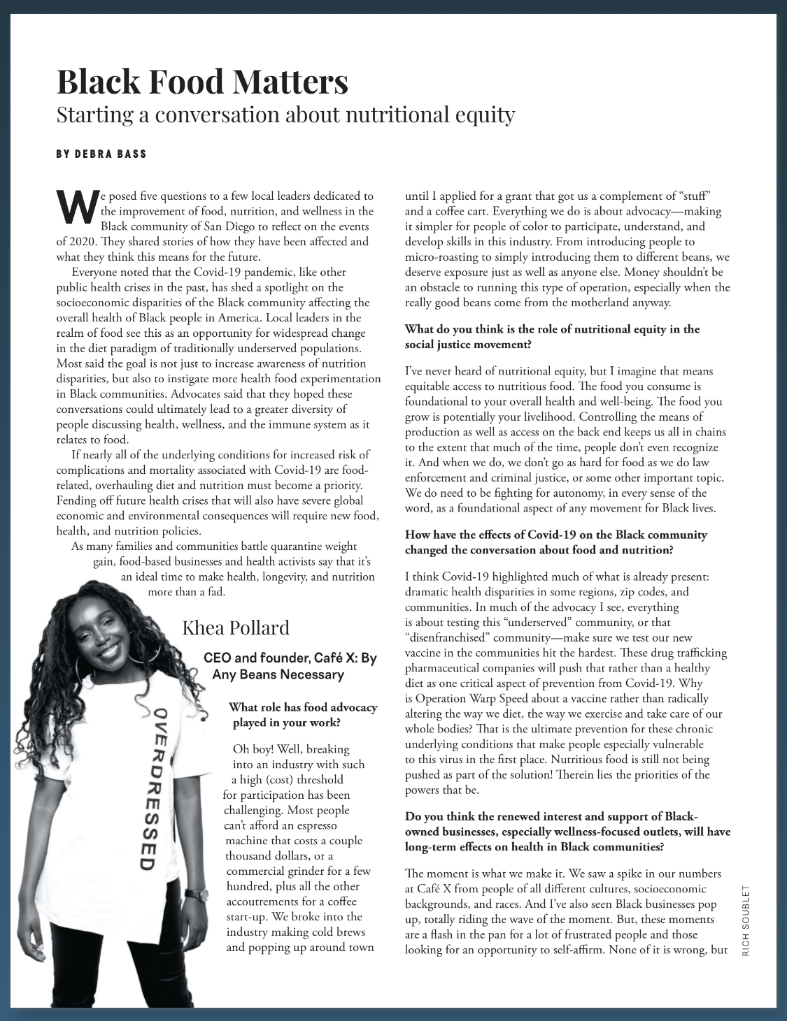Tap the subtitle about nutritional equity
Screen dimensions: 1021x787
coord(285,115)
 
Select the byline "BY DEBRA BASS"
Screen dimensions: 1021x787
coord(101,154)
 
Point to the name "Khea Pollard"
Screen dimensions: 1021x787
coord(236,628)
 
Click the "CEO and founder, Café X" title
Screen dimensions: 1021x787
coord(290,666)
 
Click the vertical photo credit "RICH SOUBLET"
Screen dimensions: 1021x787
coord(746,920)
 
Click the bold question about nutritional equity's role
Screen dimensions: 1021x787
coord(552,336)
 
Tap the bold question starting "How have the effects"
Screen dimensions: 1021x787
coord(555,542)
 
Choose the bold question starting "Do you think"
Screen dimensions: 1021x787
coord(567,831)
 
